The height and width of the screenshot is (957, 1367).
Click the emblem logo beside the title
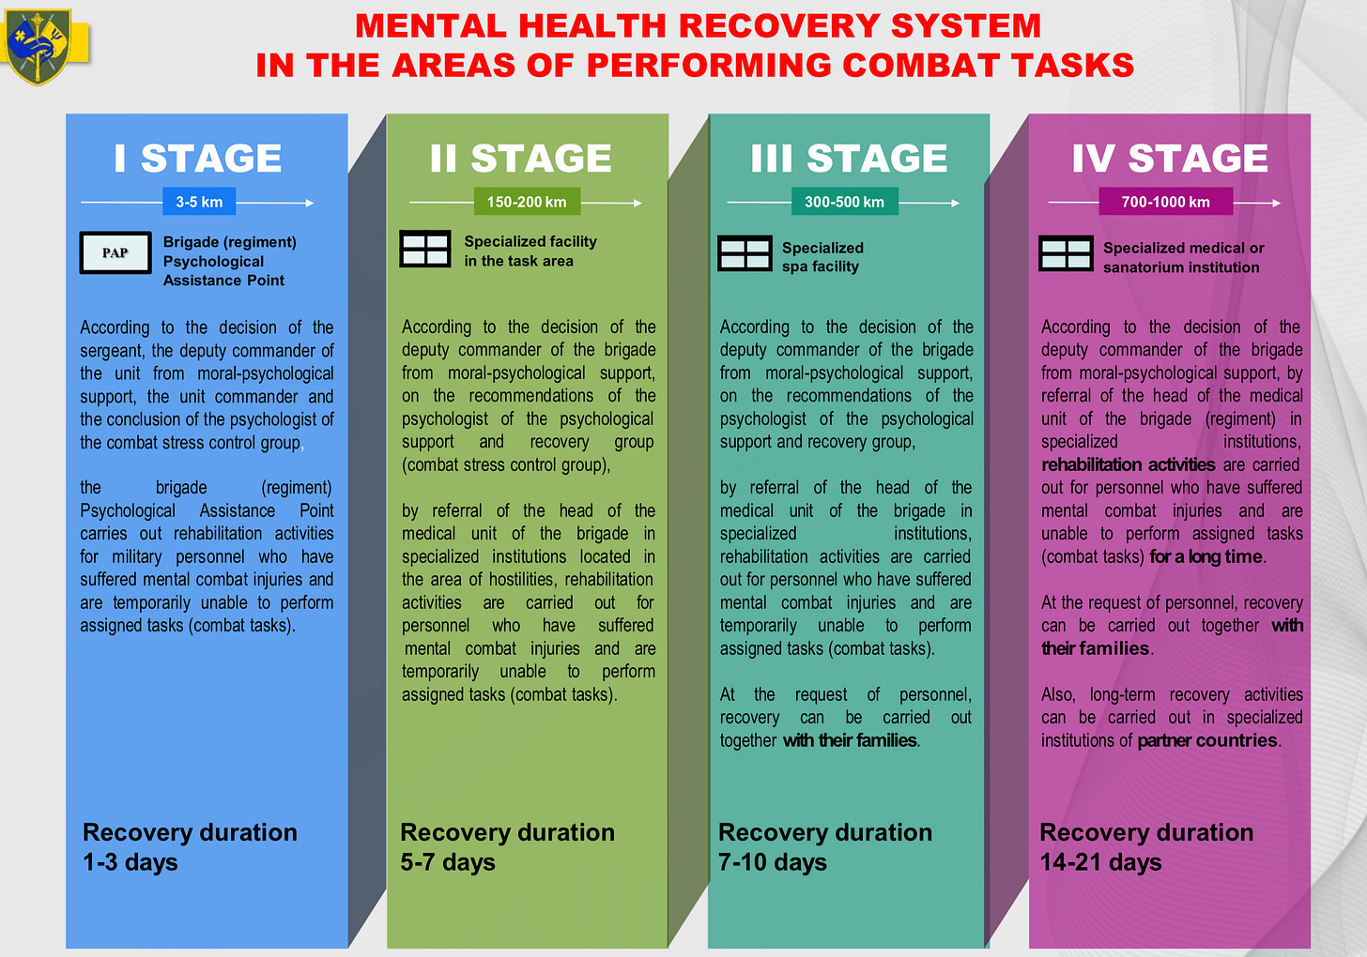pyautogui.click(x=38, y=46)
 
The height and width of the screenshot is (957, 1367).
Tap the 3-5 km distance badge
pyautogui.click(x=199, y=202)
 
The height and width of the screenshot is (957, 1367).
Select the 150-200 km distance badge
pyautogui.click(x=527, y=202)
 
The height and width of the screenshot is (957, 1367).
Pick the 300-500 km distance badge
pyautogui.click(x=844, y=202)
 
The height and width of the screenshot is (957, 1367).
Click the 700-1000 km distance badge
pyautogui.click(x=1165, y=202)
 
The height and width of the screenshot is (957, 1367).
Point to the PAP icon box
pyautogui.click(x=115, y=252)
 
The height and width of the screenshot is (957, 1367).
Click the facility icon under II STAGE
pyautogui.click(x=425, y=250)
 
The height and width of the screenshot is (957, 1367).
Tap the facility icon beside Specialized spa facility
pyautogui.click(x=745, y=253)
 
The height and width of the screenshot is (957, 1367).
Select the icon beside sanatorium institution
pyautogui.click(x=1066, y=253)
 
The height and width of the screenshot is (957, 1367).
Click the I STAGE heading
pyautogui.click(x=198, y=158)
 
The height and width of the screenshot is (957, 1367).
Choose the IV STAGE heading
pyautogui.click(x=1170, y=158)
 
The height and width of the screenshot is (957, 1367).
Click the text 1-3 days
pyautogui.click(x=131, y=862)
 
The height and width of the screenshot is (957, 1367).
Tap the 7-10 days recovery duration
pyautogui.click(x=773, y=862)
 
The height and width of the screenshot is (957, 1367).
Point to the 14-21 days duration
pyautogui.click(x=1100, y=862)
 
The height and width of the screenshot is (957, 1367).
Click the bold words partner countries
pyautogui.click(x=1207, y=740)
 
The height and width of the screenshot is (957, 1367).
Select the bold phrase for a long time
pyautogui.click(x=1206, y=556)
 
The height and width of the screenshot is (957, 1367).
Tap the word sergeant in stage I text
pyautogui.click(x=112, y=351)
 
